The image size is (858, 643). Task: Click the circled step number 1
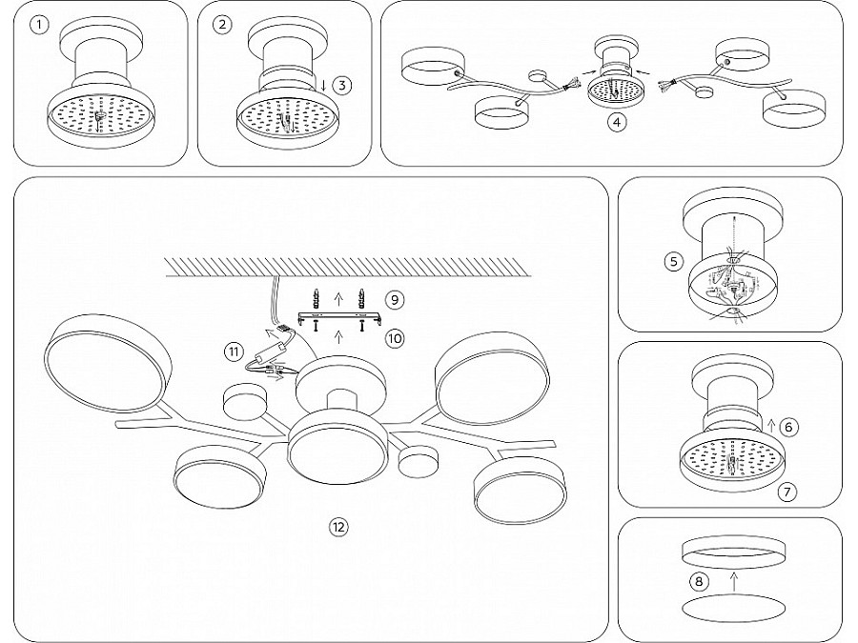pyautogui.click(x=39, y=25)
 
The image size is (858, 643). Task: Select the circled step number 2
pyautogui.click(x=221, y=25)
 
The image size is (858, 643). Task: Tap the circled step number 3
pyautogui.click(x=342, y=86)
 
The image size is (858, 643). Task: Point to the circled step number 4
pyautogui.click(x=617, y=122)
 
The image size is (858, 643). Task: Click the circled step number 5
pyautogui.click(x=674, y=261)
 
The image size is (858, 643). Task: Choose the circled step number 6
pyautogui.click(x=788, y=427)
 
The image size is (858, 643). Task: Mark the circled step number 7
pyautogui.click(x=786, y=492)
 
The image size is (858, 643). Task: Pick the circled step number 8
pyautogui.click(x=699, y=581)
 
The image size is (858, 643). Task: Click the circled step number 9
pyautogui.click(x=395, y=300)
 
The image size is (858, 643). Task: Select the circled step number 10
pyautogui.click(x=395, y=338)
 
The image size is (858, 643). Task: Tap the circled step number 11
pyautogui.click(x=234, y=351)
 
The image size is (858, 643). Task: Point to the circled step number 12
pyautogui.click(x=338, y=527)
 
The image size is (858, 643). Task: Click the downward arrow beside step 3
pyautogui.click(x=323, y=86)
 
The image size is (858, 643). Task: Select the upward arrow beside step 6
pyautogui.click(x=772, y=426)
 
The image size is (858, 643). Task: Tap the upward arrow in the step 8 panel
pyautogui.click(x=734, y=581)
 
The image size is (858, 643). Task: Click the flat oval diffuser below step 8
pyautogui.click(x=734, y=608)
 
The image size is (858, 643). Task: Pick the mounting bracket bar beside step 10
pyautogui.click(x=339, y=318)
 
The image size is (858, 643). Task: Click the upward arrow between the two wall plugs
pyautogui.click(x=338, y=298)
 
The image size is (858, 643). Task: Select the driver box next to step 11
pyautogui.click(x=272, y=349)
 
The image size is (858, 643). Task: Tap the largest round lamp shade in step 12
pyautogui.click(x=107, y=363)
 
